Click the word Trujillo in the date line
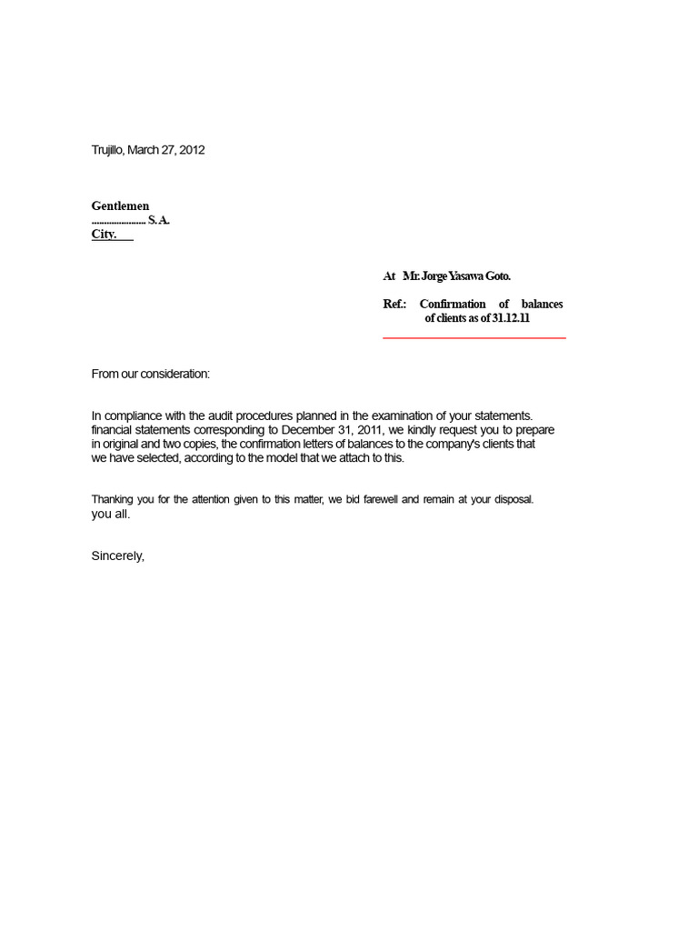click(x=107, y=150)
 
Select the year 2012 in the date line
click(x=192, y=150)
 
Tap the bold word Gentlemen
click(x=120, y=206)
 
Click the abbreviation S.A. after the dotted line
click(x=159, y=220)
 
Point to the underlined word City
click(x=104, y=234)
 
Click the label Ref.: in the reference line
click(x=394, y=304)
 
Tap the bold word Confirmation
click(x=452, y=304)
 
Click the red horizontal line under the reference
click(x=474, y=337)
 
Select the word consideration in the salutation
click(x=176, y=374)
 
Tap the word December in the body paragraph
click(x=307, y=430)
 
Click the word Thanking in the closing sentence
click(x=113, y=500)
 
